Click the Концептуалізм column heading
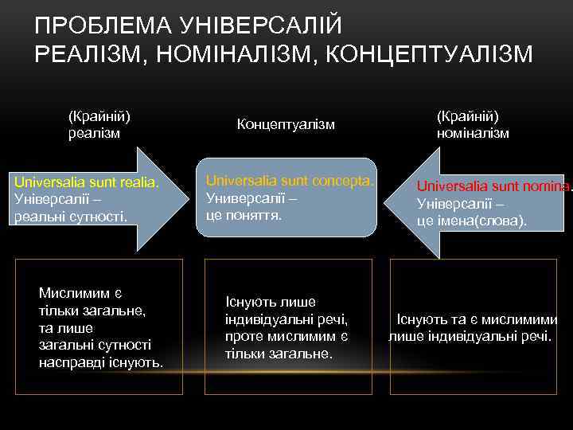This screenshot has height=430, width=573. (x=286, y=125)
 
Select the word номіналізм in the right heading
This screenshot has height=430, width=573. (x=473, y=133)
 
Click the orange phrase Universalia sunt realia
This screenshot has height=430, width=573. (x=87, y=184)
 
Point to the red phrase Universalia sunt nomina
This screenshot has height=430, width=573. (x=493, y=186)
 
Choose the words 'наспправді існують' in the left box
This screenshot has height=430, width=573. (x=101, y=363)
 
